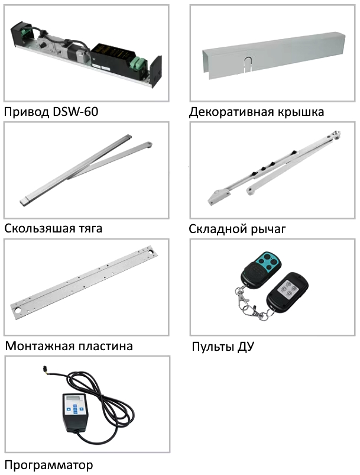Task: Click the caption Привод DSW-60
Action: tap(51, 112)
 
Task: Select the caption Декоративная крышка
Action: tap(257, 112)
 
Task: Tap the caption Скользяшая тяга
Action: tap(53, 228)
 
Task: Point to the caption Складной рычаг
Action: tap(237, 229)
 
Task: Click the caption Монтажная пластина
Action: tap(69, 346)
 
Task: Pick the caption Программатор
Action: tap(48, 465)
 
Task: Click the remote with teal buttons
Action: tap(261, 270)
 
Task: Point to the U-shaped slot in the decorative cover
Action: tap(248, 64)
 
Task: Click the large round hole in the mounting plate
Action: tap(18, 311)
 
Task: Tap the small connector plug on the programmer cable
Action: tap(45, 369)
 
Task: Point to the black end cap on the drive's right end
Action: tap(157, 72)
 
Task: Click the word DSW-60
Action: tap(75, 112)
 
